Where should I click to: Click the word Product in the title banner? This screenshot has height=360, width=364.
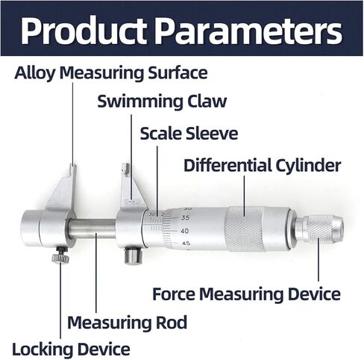click(84, 31)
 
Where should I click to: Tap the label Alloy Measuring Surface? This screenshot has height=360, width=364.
click(111, 73)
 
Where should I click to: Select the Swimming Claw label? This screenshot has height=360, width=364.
click(162, 102)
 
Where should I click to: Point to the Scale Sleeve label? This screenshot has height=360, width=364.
click(189, 134)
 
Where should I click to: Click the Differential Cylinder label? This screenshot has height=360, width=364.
click(262, 165)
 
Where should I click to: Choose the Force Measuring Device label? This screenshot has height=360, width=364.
click(246, 294)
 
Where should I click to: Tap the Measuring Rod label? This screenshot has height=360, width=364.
click(127, 323)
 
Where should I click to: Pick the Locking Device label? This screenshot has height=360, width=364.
click(71, 349)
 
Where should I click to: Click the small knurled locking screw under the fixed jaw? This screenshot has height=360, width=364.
click(60, 255)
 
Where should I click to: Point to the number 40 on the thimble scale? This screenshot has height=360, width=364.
click(184, 231)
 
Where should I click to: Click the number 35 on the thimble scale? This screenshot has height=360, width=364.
click(185, 218)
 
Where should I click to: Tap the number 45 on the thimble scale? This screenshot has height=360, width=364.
click(186, 243)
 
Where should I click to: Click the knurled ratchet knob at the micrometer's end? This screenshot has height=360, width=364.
click(320, 229)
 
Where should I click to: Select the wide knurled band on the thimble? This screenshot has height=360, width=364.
click(245, 229)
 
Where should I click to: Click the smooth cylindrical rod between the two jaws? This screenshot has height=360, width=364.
click(92, 229)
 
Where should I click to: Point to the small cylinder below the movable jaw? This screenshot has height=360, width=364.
click(133, 255)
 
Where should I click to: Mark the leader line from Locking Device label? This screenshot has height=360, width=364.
click(60, 301)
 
